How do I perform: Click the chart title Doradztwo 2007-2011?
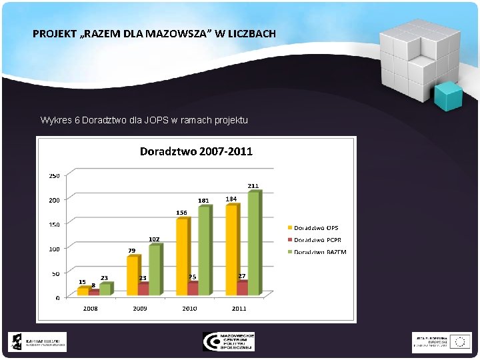[196, 151]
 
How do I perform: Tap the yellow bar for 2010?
[181, 256]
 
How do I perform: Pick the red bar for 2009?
[143, 288]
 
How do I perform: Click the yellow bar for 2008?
[82, 291]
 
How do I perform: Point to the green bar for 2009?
[154, 270]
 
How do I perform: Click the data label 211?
[253, 185]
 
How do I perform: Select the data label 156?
[181, 212]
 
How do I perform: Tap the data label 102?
[154, 239]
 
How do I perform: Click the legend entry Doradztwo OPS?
[316, 228]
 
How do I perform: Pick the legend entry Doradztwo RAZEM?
[320, 251]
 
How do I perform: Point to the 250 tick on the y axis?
[53, 175]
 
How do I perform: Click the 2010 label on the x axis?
[190, 309]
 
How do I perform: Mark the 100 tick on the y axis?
[53, 249]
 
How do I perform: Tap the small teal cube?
[448, 97]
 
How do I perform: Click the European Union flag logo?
[459, 341]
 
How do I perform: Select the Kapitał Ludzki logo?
[37, 342]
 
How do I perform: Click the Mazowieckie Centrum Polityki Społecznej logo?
[229, 341]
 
